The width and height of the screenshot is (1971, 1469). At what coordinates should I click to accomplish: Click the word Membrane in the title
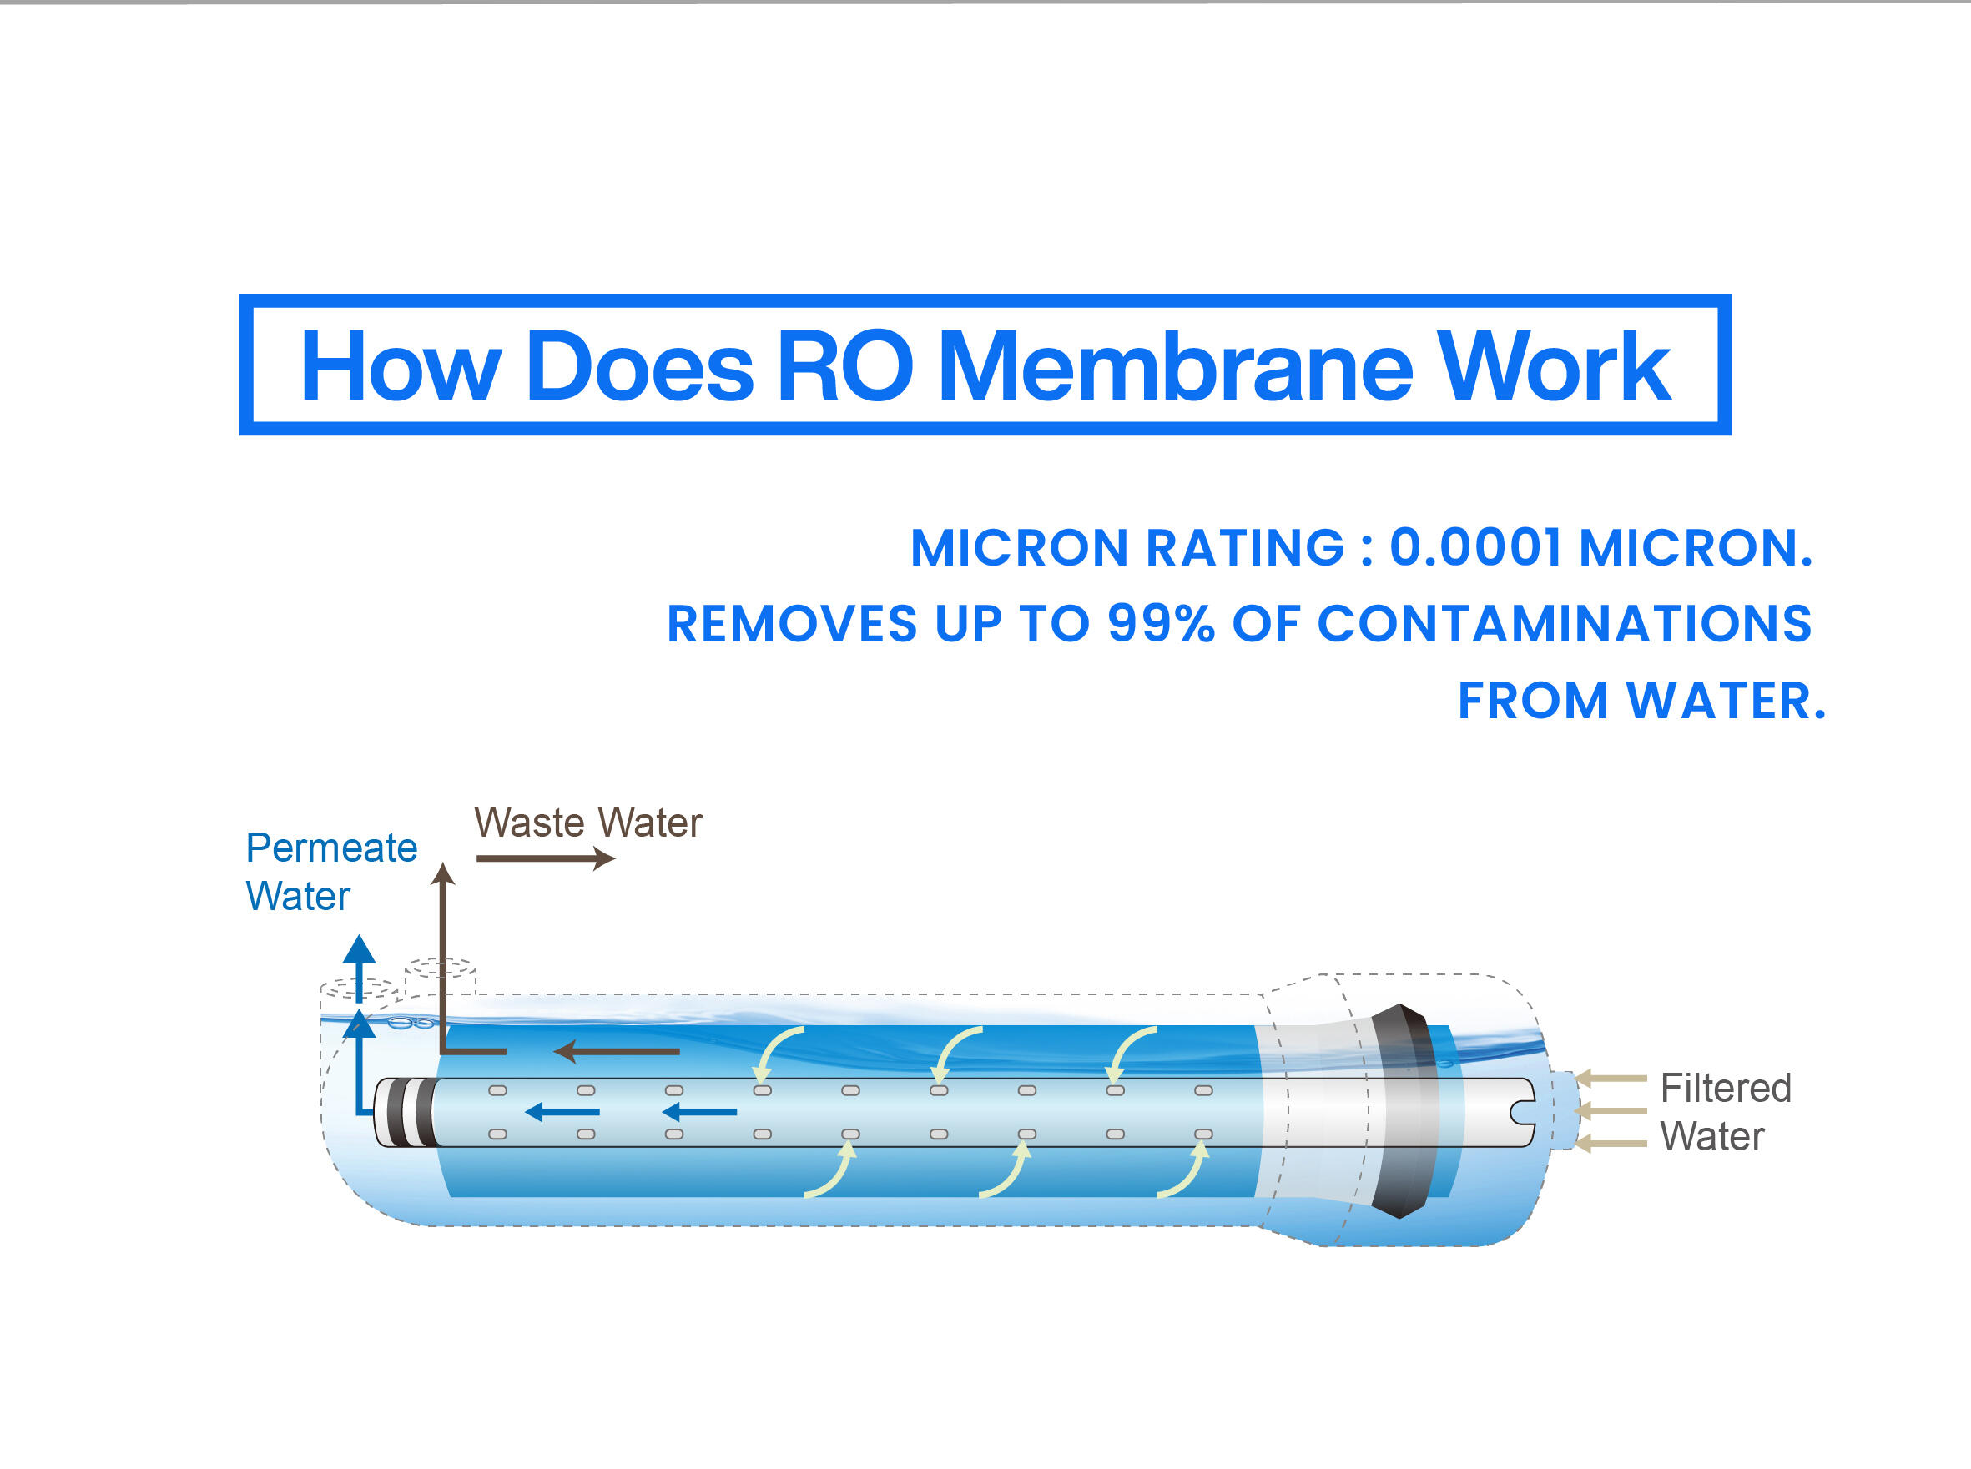coord(1175,365)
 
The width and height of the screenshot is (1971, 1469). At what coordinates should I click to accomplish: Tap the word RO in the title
coord(845,365)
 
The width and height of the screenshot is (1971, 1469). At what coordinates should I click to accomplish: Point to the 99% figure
coord(1161,623)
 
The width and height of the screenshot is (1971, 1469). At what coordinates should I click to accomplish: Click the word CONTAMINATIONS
coord(1565,623)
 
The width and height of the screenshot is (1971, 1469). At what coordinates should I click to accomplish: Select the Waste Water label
coord(588,823)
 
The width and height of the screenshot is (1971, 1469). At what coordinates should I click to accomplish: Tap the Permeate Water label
coord(331,872)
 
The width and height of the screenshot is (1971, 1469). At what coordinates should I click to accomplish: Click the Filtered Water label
coord(1726,1111)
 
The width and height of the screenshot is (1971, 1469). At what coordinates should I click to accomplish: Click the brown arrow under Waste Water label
coord(545,858)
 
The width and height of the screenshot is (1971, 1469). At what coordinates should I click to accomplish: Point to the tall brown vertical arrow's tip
coord(443,863)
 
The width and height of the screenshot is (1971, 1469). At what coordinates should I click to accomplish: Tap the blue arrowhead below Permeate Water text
coord(359,948)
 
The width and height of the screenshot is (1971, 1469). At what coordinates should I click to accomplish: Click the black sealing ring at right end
coord(1404,1110)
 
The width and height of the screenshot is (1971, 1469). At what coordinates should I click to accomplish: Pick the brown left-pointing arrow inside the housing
coord(617,1051)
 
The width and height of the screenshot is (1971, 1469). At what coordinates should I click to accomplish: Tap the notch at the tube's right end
coord(1523,1111)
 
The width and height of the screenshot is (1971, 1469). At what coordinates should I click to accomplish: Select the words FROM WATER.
coord(1641,701)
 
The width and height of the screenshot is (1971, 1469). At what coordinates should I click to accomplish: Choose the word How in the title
coord(401,365)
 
